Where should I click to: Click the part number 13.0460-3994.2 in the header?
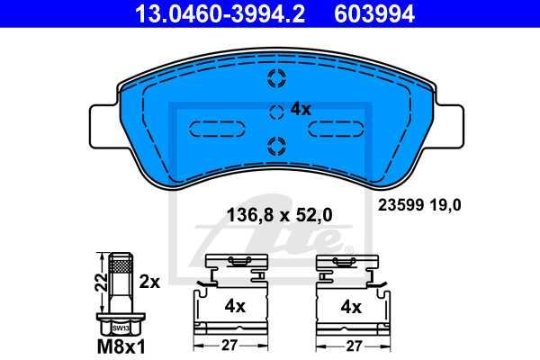pos(220,13)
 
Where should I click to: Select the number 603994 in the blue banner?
pos(374,13)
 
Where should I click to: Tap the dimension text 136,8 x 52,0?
pos(279,215)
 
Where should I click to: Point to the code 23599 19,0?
pos(419,205)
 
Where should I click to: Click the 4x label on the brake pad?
pos(301,110)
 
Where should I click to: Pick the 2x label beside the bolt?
pos(149,282)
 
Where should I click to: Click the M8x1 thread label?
pos(121,346)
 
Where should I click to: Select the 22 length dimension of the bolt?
pos(101,283)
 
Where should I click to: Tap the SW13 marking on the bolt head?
pos(121,328)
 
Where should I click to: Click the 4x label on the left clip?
pos(235,306)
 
